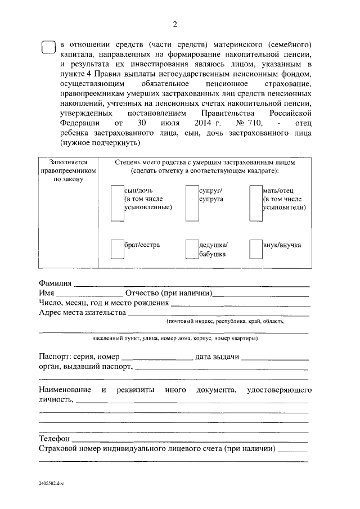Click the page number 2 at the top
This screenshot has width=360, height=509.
point(174,24)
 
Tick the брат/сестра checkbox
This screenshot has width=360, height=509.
point(117,249)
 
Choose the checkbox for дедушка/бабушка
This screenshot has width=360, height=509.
point(192,249)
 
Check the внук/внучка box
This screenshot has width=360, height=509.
point(256,249)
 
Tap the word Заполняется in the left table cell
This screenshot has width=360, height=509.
point(68,161)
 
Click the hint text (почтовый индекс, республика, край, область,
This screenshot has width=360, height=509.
point(225,322)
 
